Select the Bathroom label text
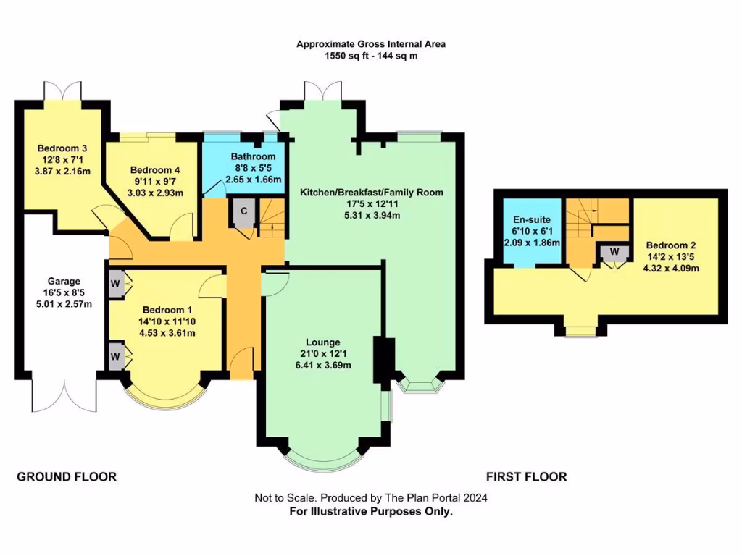[253, 156]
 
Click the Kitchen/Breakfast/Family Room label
[372, 193]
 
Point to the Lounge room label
[323, 342]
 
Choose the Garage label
[64, 281]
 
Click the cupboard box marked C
[244, 211]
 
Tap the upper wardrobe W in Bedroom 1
[115, 282]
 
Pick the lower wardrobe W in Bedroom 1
[115, 356]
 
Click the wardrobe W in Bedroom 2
[614, 253]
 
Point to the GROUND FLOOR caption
[67, 476]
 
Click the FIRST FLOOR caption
[526, 476]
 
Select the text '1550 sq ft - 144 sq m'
[371, 56]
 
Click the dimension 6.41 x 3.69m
[323, 365]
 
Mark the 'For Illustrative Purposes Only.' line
[371, 511]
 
